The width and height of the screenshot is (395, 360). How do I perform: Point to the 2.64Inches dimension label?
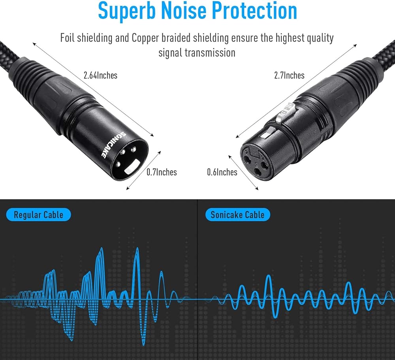(100, 75)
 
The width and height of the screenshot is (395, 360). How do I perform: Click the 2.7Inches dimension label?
(289, 75)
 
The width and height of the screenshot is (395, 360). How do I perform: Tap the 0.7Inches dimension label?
(162, 172)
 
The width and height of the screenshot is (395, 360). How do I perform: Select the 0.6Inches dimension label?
(222, 172)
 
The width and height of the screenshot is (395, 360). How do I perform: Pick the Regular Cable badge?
(39, 215)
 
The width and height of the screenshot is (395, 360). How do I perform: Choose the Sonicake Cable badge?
(237, 215)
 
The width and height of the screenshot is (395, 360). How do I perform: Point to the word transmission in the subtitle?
(197, 52)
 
